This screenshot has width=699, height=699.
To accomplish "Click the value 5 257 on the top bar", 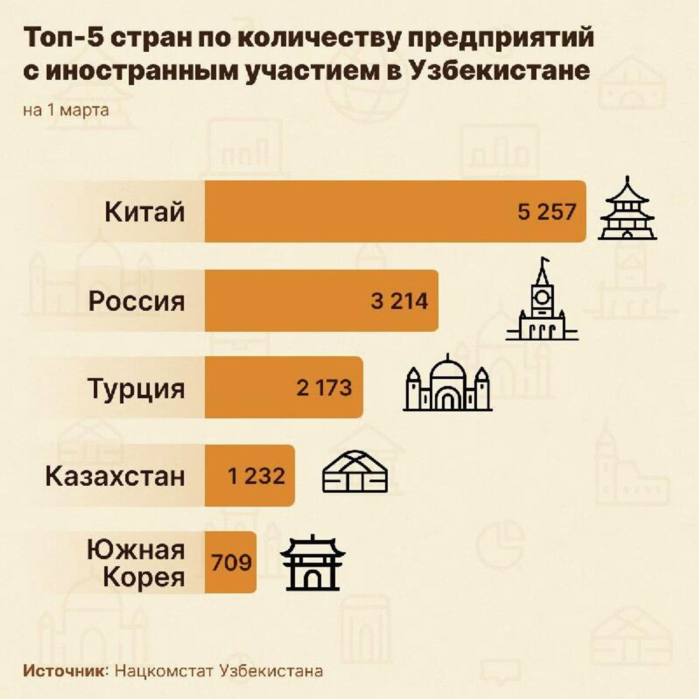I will [547, 212].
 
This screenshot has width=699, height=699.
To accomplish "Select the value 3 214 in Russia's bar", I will [399, 301].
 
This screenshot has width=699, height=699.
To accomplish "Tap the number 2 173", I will [324, 387].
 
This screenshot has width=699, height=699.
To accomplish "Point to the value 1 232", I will [256, 475].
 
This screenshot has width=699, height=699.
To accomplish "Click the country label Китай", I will [145, 212].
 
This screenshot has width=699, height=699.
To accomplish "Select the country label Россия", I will [137, 301].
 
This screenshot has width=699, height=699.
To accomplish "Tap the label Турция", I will [137, 388].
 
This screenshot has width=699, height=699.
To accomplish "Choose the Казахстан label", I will [115, 476].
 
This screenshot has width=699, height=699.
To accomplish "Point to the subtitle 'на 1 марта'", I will [66, 110].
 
